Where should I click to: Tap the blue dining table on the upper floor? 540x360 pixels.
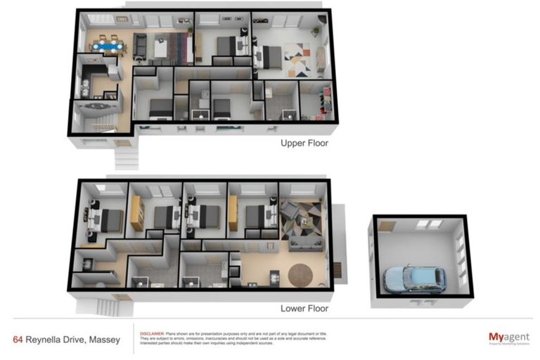108,47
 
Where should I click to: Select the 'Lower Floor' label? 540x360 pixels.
304,308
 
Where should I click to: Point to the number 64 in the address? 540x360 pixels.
18,340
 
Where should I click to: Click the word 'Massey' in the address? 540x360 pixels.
104,340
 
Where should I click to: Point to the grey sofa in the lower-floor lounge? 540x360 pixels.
302,243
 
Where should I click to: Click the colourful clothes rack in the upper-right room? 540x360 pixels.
325,99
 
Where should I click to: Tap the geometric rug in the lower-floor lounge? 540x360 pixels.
300,221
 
